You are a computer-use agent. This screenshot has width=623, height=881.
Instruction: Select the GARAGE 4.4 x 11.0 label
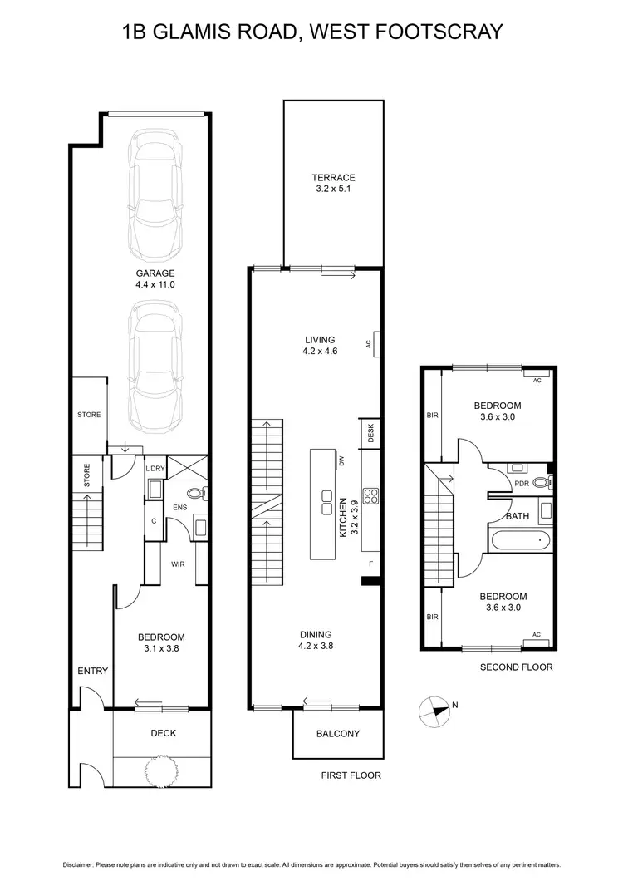click(x=155, y=278)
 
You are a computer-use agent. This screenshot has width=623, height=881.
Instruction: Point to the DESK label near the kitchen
click(x=370, y=433)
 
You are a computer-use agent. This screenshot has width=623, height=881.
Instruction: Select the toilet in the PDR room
click(x=541, y=481)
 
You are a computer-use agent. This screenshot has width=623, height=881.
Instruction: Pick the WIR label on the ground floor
click(x=177, y=564)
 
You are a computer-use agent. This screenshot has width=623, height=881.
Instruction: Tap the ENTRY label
click(x=92, y=671)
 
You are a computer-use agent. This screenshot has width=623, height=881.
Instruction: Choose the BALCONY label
click(x=338, y=734)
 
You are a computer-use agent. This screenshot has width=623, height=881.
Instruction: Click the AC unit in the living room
click(x=375, y=342)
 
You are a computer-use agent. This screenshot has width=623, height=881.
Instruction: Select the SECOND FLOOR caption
click(x=516, y=667)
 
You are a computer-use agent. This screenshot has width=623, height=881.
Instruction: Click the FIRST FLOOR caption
click(x=350, y=775)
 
